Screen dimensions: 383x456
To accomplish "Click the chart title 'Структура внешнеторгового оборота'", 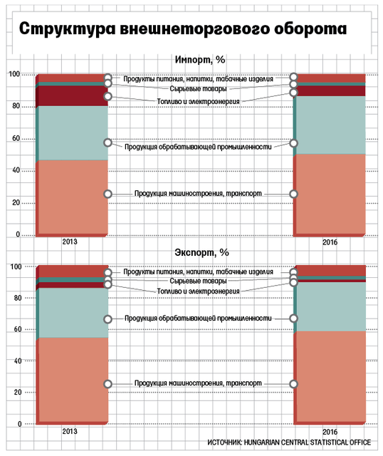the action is pos(183,29).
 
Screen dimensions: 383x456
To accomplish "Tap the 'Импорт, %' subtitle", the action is pos(200,60).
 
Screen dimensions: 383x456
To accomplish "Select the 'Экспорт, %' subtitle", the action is pos(201,252).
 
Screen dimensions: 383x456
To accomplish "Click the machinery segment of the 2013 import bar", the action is pos(73,197).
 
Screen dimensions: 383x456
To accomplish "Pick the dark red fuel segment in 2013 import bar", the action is pos(73,95).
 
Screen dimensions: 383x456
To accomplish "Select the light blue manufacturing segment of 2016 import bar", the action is pos(330,125).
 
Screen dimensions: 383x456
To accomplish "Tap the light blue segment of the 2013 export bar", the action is pos(73,313).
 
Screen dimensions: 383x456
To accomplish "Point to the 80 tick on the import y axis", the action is pos(16,106).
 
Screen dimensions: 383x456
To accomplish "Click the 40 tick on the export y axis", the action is pos(17,361).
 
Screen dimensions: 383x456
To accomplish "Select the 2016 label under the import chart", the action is pos(330,242).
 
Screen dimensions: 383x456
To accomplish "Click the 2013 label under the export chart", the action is pos(70,431).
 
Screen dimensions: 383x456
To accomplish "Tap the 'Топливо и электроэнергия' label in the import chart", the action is pos(198,101).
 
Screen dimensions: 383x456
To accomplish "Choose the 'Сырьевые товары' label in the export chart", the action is pos(198,281).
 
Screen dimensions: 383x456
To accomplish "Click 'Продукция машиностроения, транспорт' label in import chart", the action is pos(198,193).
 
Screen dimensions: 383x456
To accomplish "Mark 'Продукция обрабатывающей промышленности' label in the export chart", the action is pos(198,318).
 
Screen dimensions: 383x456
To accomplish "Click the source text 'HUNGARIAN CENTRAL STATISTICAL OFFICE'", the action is pos(307,442).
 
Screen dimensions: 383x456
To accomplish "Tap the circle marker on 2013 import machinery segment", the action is pos(107,194).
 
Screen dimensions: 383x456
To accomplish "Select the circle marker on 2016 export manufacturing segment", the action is pos(293,318).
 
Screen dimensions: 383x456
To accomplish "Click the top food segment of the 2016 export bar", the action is pos(331,271).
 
